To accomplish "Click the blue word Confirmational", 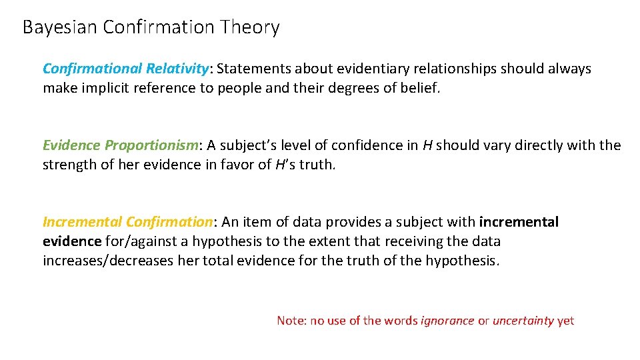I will pyautogui.click(x=93, y=69).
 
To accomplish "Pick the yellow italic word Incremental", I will pyautogui.click(x=82, y=222).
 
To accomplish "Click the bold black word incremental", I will pyautogui.click(x=519, y=222).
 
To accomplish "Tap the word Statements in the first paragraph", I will pyautogui.click(x=254, y=69).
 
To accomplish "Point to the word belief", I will pyautogui.click(x=421, y=88).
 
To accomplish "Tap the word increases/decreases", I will pyautogui.click(x=108, y=261).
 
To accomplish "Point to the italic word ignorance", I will pyautogui.click(x=447, y=321).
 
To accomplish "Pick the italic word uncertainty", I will pyautogui.click(x=523, y=321).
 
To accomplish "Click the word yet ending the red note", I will pyautogui.click(x=565, y=321).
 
